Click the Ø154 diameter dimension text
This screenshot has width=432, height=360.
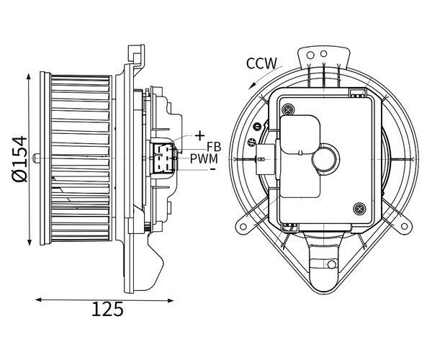(20, 159)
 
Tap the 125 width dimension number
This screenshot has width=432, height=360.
(107, 309)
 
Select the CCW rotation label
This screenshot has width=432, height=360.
(261, 63)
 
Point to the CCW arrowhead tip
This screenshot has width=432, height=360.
(248, 89)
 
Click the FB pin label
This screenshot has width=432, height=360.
(214, 147)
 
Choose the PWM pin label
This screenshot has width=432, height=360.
(204, 159)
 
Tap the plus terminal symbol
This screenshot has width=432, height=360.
(199, 136)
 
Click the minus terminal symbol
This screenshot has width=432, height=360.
(212, 168)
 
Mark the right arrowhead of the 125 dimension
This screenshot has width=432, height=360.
(174, 300)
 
